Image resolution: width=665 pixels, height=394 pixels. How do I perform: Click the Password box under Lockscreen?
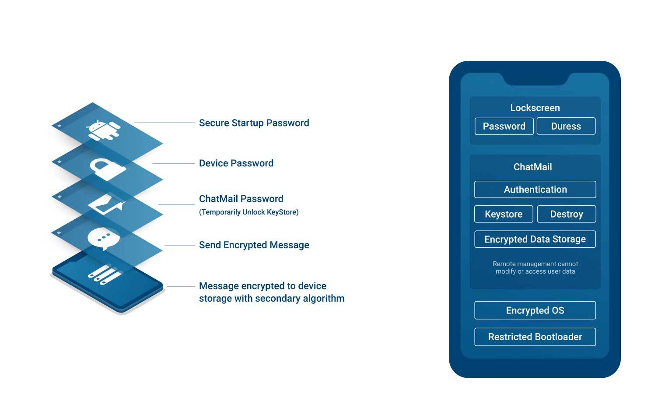click(504, 126)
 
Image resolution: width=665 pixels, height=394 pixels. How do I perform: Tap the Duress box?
click(566, 126)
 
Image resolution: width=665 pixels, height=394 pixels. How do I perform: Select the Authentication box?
click(535, 189)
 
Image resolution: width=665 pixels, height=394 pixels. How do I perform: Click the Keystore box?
click(504, 214)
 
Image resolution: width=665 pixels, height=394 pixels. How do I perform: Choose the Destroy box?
click(567, 214)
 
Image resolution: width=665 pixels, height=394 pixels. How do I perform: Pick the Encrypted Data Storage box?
click(535, 239)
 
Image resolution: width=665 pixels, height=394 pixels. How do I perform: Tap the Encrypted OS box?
click(535, 310)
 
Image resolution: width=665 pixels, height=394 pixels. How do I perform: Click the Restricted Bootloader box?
click(535, 337)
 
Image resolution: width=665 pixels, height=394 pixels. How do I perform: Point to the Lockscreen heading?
click(535, 108)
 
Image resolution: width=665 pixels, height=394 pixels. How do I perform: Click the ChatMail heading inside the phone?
click(532, 167)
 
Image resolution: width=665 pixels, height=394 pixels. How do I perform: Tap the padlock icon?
click(108, 169)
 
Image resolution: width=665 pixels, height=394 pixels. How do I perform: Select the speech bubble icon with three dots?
click(104, 239)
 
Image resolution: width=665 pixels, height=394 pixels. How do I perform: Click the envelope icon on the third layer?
click(106, 204)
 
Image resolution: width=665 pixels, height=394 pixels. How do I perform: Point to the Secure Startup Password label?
click(254, 123)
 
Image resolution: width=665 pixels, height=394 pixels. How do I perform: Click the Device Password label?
click(236, 163)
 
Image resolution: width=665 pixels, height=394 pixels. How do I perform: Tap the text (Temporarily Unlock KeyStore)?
click(249, 212)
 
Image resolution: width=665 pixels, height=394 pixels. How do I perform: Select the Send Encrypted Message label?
click(254, 245)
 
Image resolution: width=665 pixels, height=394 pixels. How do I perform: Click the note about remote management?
click(535, 267)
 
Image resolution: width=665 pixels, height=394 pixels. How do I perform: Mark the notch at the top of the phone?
click(535, 79)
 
